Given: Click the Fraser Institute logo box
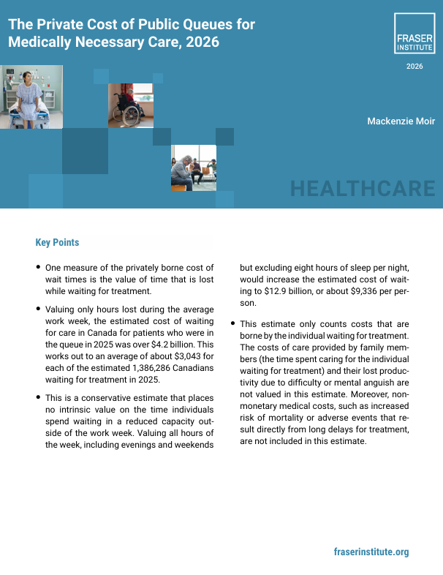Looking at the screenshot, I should click(x=414, y=34).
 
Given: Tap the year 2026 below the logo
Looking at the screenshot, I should click(x=414, y=67).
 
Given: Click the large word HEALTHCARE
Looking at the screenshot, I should click(x=363, y=189).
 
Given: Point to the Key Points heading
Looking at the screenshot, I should click(x=57, y=243).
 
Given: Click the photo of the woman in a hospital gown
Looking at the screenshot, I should click(x=31, y=97).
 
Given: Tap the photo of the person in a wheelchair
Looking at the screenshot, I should click(x=130, y=105).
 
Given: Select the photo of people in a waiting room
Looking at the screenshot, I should click(x=194, y=168).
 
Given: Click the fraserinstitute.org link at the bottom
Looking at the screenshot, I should click(x=371, y=552).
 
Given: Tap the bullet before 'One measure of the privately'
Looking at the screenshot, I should click(x=38, y=268).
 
